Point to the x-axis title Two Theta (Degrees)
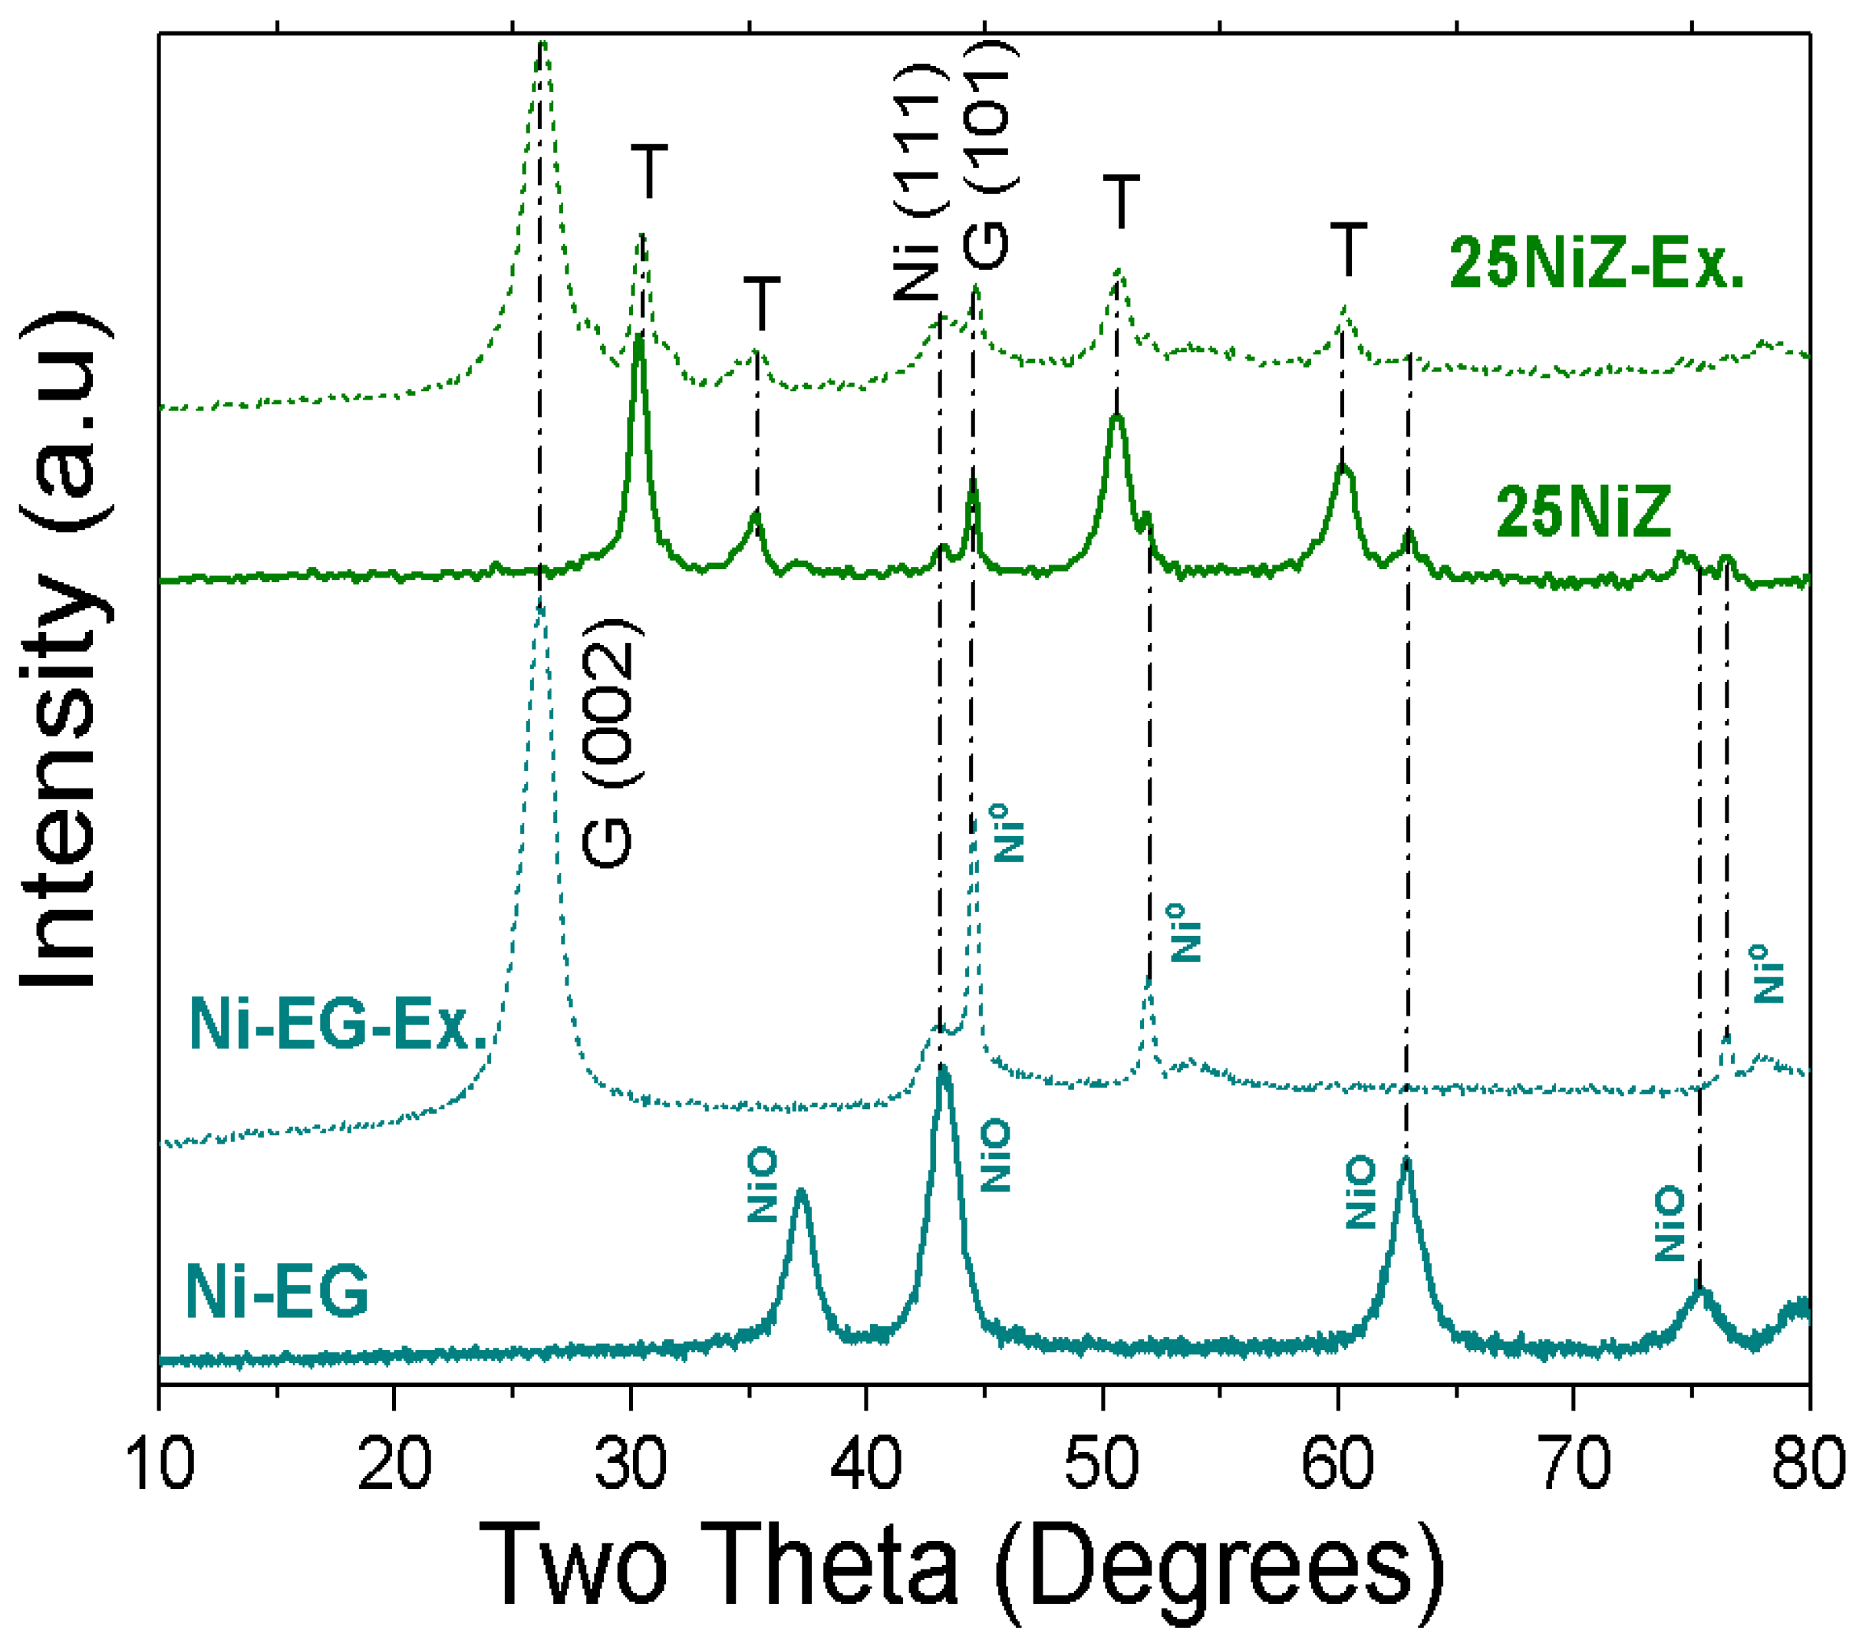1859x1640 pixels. [961, 1566]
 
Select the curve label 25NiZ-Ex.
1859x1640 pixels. [1596, 264]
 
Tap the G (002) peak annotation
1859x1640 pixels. [608, 743]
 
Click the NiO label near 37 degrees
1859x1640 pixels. [762, 1185]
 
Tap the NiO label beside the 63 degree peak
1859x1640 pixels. [1360, 1193]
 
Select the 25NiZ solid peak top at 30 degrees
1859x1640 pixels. [639, 338]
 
